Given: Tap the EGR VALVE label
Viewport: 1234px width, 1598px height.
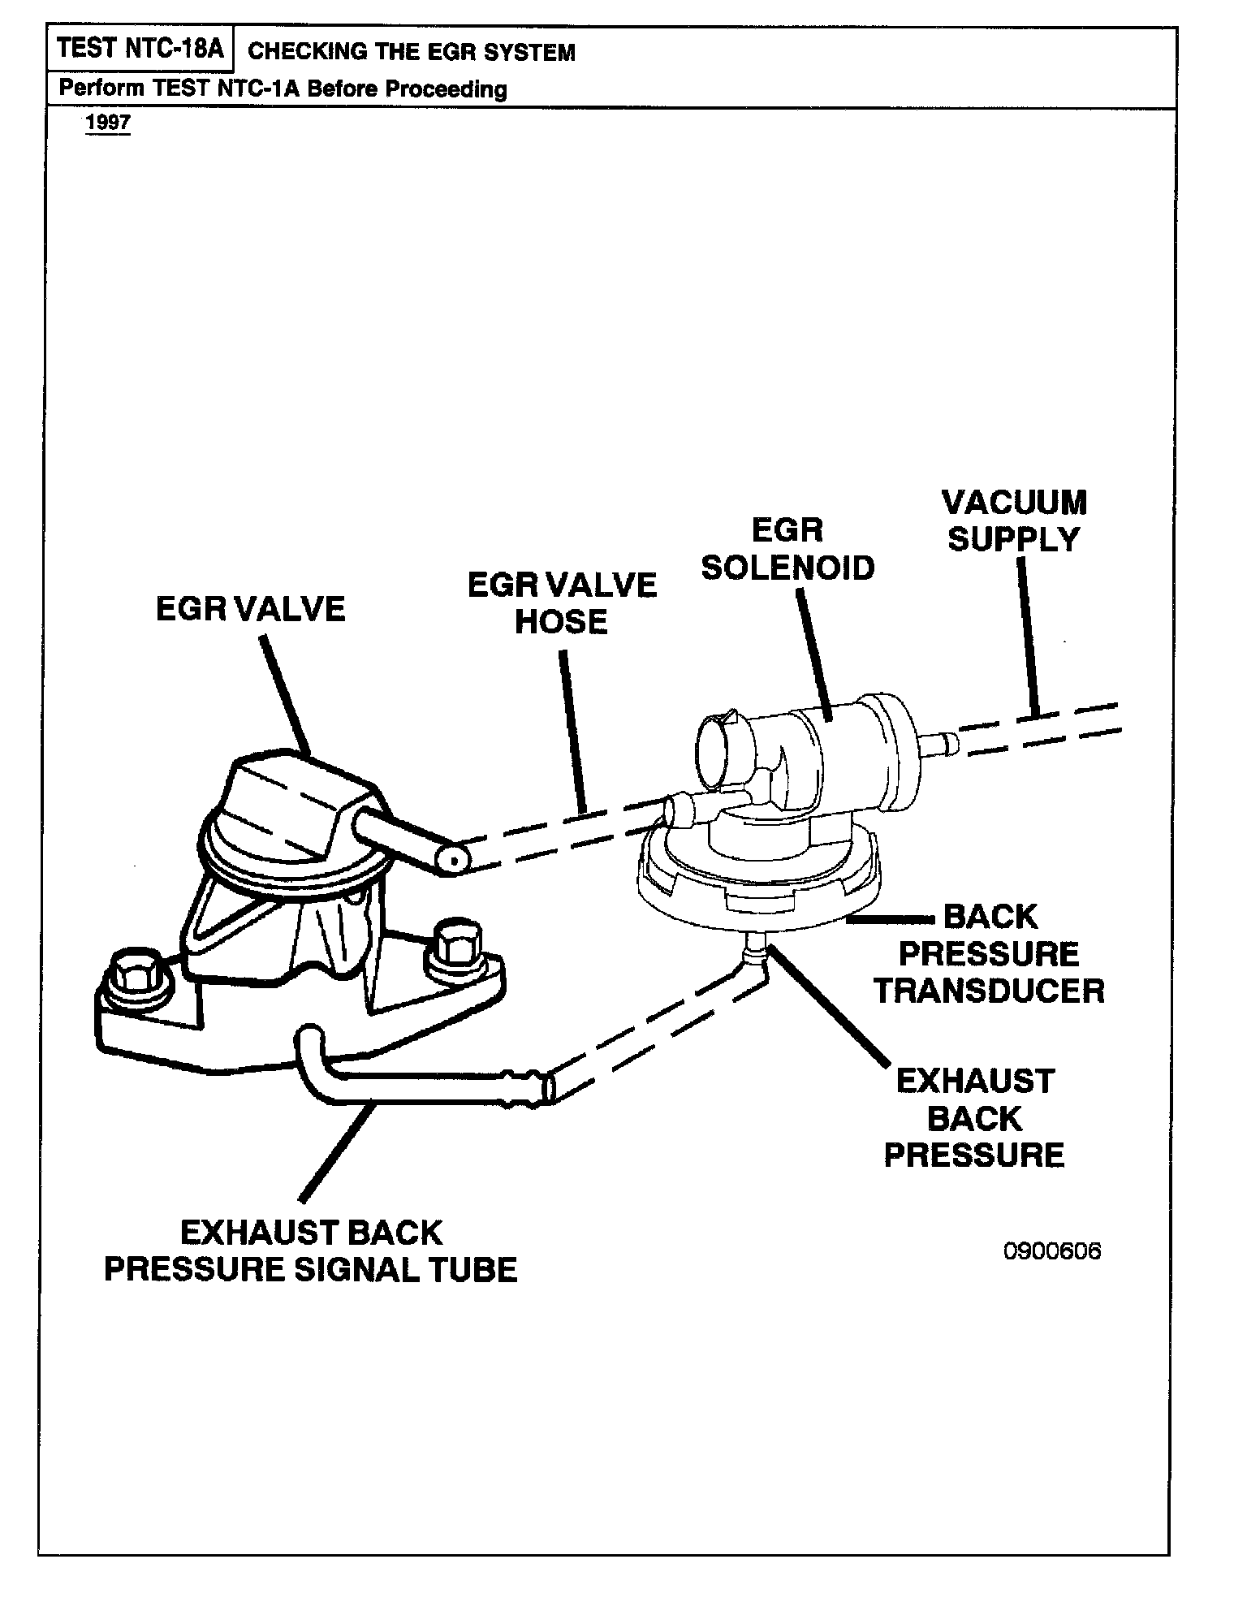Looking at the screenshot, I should (x=250, y=609).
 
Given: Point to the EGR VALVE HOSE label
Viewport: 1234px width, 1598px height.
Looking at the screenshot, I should (x=562, y=603).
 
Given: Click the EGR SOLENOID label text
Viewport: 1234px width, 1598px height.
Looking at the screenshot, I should (x=787, y=550).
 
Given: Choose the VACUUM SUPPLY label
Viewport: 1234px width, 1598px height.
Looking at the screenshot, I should (x=1014, y=520).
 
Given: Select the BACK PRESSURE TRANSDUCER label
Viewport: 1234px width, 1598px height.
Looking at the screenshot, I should (x=990, y=954).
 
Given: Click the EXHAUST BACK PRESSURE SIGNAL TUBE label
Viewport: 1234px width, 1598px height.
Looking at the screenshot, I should (x=311, y=1250).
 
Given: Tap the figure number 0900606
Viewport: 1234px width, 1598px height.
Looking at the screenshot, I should (x=1052, y=1251).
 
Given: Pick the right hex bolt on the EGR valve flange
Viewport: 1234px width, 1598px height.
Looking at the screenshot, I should (x=447, y=943).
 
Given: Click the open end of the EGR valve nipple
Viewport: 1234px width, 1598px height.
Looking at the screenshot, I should (x=452, y=859).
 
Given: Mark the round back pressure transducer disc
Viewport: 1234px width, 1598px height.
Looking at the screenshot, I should (x=759, y=885).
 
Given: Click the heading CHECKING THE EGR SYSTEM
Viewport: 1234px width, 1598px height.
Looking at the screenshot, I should (x=411, y=52).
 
